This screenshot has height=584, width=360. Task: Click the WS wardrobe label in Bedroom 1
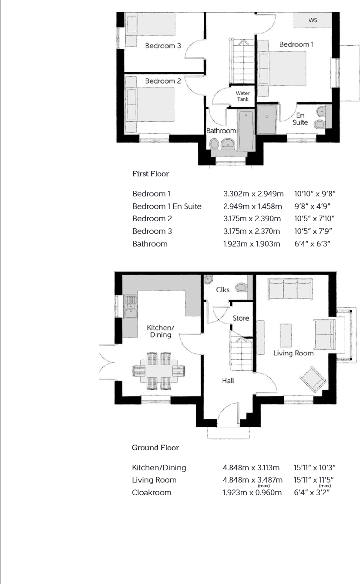pyautogui.click(x=313, y=20)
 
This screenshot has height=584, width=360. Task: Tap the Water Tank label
pyautogui.click(x=243, y=96)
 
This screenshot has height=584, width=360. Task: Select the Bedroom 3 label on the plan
pyautogui.click(x=163, y=46)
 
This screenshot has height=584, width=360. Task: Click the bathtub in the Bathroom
pyautogui.click(x=246, y=130)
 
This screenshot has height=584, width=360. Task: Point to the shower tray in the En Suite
pyautogui.click(x=266, y=120)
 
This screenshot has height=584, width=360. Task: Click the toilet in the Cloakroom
pyautogui.click(x=241, y=288)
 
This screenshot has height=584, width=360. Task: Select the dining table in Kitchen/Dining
pyautogui.click(x=159, y=371)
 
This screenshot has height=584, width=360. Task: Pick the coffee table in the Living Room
pyautogui.click(x=286, y=335)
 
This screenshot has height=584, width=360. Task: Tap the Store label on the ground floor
pyautogui.click(x=241, y=318)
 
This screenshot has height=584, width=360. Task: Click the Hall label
pyautogui.click(x=228, y=381)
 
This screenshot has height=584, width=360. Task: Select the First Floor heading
pyautogui.click(x=151, y=174)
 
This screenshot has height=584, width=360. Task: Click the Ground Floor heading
pyautogui.click(x=155, y=448)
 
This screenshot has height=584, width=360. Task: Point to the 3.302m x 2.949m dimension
pyautogui.click(x=253, y=194)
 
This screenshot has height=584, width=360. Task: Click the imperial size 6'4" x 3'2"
pyautogui.click(x=312, y=493)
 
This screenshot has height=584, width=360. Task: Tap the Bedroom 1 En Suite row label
pyautogui.click(x=167, y=206)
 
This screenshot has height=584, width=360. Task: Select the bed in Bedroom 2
pyautogui.click(x=150, y=104)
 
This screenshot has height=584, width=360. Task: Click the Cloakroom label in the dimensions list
pyautogui.click(x=151, y=493)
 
